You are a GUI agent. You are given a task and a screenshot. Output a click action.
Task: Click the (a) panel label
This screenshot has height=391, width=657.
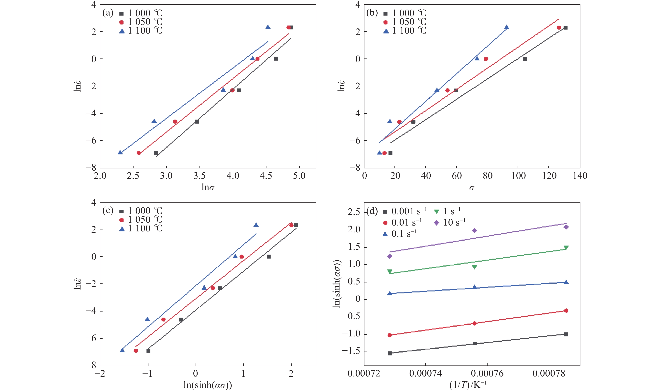(x=108, y=13)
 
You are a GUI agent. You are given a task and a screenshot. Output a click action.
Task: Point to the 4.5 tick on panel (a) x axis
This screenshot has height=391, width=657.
(x=266, y=176)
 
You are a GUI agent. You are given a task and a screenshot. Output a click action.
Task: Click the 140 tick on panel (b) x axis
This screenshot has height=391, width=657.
(x=580, y=176)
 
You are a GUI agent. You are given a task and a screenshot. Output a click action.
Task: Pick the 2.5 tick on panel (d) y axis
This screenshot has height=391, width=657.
(x=354, y=212)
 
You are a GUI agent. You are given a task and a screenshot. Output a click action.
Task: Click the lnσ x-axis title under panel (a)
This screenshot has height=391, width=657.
(x=208, y=187)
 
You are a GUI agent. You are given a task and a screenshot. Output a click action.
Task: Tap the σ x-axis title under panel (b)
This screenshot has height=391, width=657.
(x=472, y=188)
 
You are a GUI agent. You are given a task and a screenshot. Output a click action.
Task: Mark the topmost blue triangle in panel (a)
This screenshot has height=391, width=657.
(x=268, y=27)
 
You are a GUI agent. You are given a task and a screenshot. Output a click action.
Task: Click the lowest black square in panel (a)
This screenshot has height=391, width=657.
(x=156, y=153)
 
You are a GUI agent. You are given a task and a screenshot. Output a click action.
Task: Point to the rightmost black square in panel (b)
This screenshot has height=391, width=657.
(x=565, y=28)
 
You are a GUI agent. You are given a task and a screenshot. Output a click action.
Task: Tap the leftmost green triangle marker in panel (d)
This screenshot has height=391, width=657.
(x=390, y=271)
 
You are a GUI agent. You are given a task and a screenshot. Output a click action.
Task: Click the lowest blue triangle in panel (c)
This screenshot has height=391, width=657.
(x=122, y=350)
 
